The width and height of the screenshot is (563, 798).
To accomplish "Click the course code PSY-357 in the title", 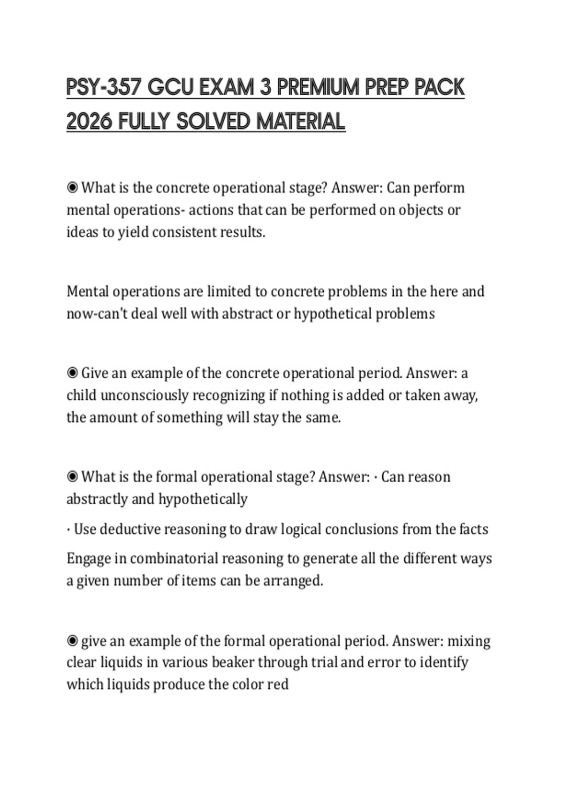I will click(x=103, y=88).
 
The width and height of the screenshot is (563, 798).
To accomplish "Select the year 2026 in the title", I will click(x=89, y=122).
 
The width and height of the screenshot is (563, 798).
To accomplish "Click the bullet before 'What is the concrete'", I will click(x=72, y=188).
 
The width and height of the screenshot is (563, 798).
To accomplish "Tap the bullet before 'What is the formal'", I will click(x=72, y=477).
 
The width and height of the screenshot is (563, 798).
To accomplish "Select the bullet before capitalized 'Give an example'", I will click(x=72, y=373).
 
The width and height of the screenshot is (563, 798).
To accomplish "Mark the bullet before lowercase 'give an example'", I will click(x=72, y=641).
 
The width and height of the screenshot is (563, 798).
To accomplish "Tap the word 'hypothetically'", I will click(x=203, y=499).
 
